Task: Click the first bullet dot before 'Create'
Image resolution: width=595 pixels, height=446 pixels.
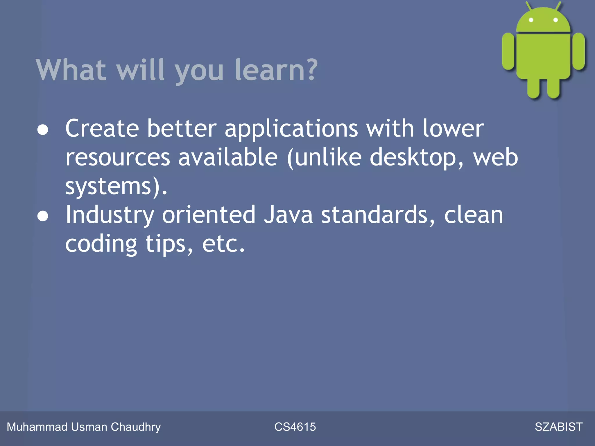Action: coord(43,130)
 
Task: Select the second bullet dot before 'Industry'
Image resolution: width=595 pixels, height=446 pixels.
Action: coord(43,216)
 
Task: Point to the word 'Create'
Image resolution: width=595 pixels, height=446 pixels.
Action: coord(102,128)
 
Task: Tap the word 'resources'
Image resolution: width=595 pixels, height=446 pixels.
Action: coord(117,157)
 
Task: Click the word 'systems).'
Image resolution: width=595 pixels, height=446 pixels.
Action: coord(116,186)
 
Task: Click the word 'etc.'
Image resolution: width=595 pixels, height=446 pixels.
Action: coord(223,244)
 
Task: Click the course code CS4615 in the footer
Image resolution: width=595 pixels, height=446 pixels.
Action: coord(295,427)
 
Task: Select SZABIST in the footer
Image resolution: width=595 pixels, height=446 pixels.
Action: coord(558,427)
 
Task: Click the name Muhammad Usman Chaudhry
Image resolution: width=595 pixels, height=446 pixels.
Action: coord(84,427)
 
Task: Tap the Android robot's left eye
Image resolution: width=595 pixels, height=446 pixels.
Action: coord(531,20)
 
